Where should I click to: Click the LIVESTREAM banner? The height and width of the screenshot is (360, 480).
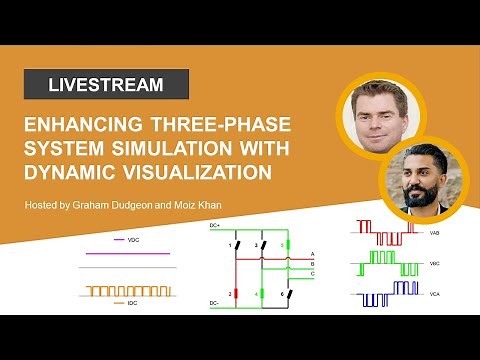(x=105, y=85)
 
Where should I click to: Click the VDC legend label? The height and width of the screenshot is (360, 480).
(x=133, y=241)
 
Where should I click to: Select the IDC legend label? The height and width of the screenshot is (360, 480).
(x=132, y=301)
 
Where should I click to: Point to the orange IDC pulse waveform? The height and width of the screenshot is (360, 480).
(x=128, y=290)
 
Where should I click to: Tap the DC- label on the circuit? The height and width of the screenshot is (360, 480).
(x=212, y=301)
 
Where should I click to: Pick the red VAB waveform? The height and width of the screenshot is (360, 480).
(x=388, y=231)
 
